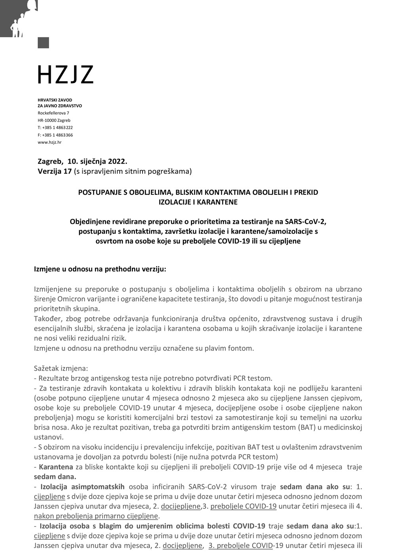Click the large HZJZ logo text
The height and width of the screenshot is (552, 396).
(x=65, y=74)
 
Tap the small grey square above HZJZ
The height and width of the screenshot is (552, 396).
(x=43, y=42)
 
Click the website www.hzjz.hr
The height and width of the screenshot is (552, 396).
(x=49, y=142)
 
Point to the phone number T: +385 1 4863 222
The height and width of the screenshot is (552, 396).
(x=55, y=128)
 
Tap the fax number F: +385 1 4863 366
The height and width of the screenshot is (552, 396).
(x=55, y=135)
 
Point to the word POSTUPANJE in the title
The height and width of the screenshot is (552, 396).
(x=99, y=192)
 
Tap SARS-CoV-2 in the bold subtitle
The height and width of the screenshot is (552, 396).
(x=305, y=221)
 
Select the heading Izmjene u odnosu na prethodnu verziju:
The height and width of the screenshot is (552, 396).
(x=100, y=269)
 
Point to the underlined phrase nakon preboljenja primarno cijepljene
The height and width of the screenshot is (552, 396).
(x=96, y=516)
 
